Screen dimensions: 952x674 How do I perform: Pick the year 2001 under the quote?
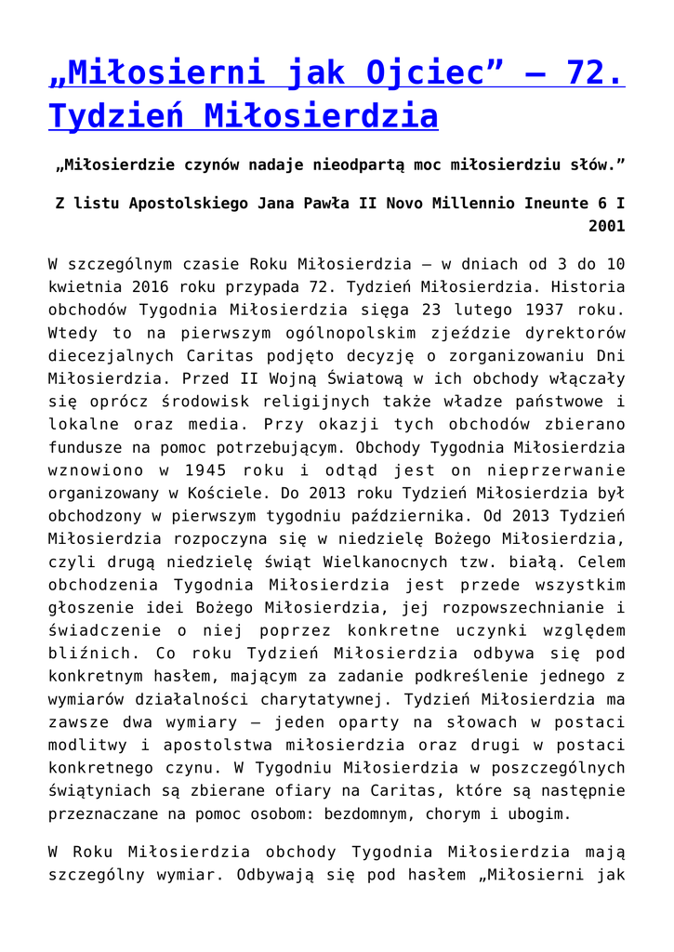606,226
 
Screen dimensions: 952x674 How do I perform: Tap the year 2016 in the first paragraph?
167,286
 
